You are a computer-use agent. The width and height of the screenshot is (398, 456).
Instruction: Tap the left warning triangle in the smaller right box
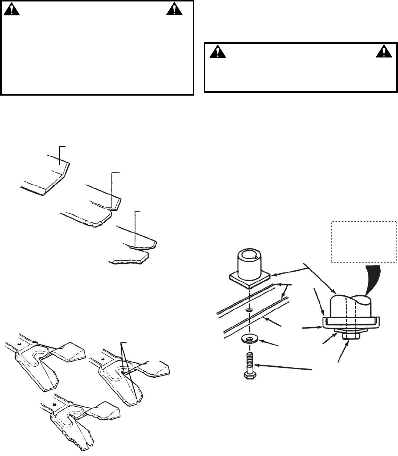(x=216, y=52)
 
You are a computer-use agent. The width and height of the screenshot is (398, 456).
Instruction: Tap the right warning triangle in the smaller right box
(x=383, y=52)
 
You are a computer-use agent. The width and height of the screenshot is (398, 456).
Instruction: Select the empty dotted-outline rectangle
(x=364, y=242)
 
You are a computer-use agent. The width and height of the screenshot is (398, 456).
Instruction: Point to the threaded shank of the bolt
(x=249, y=361)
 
